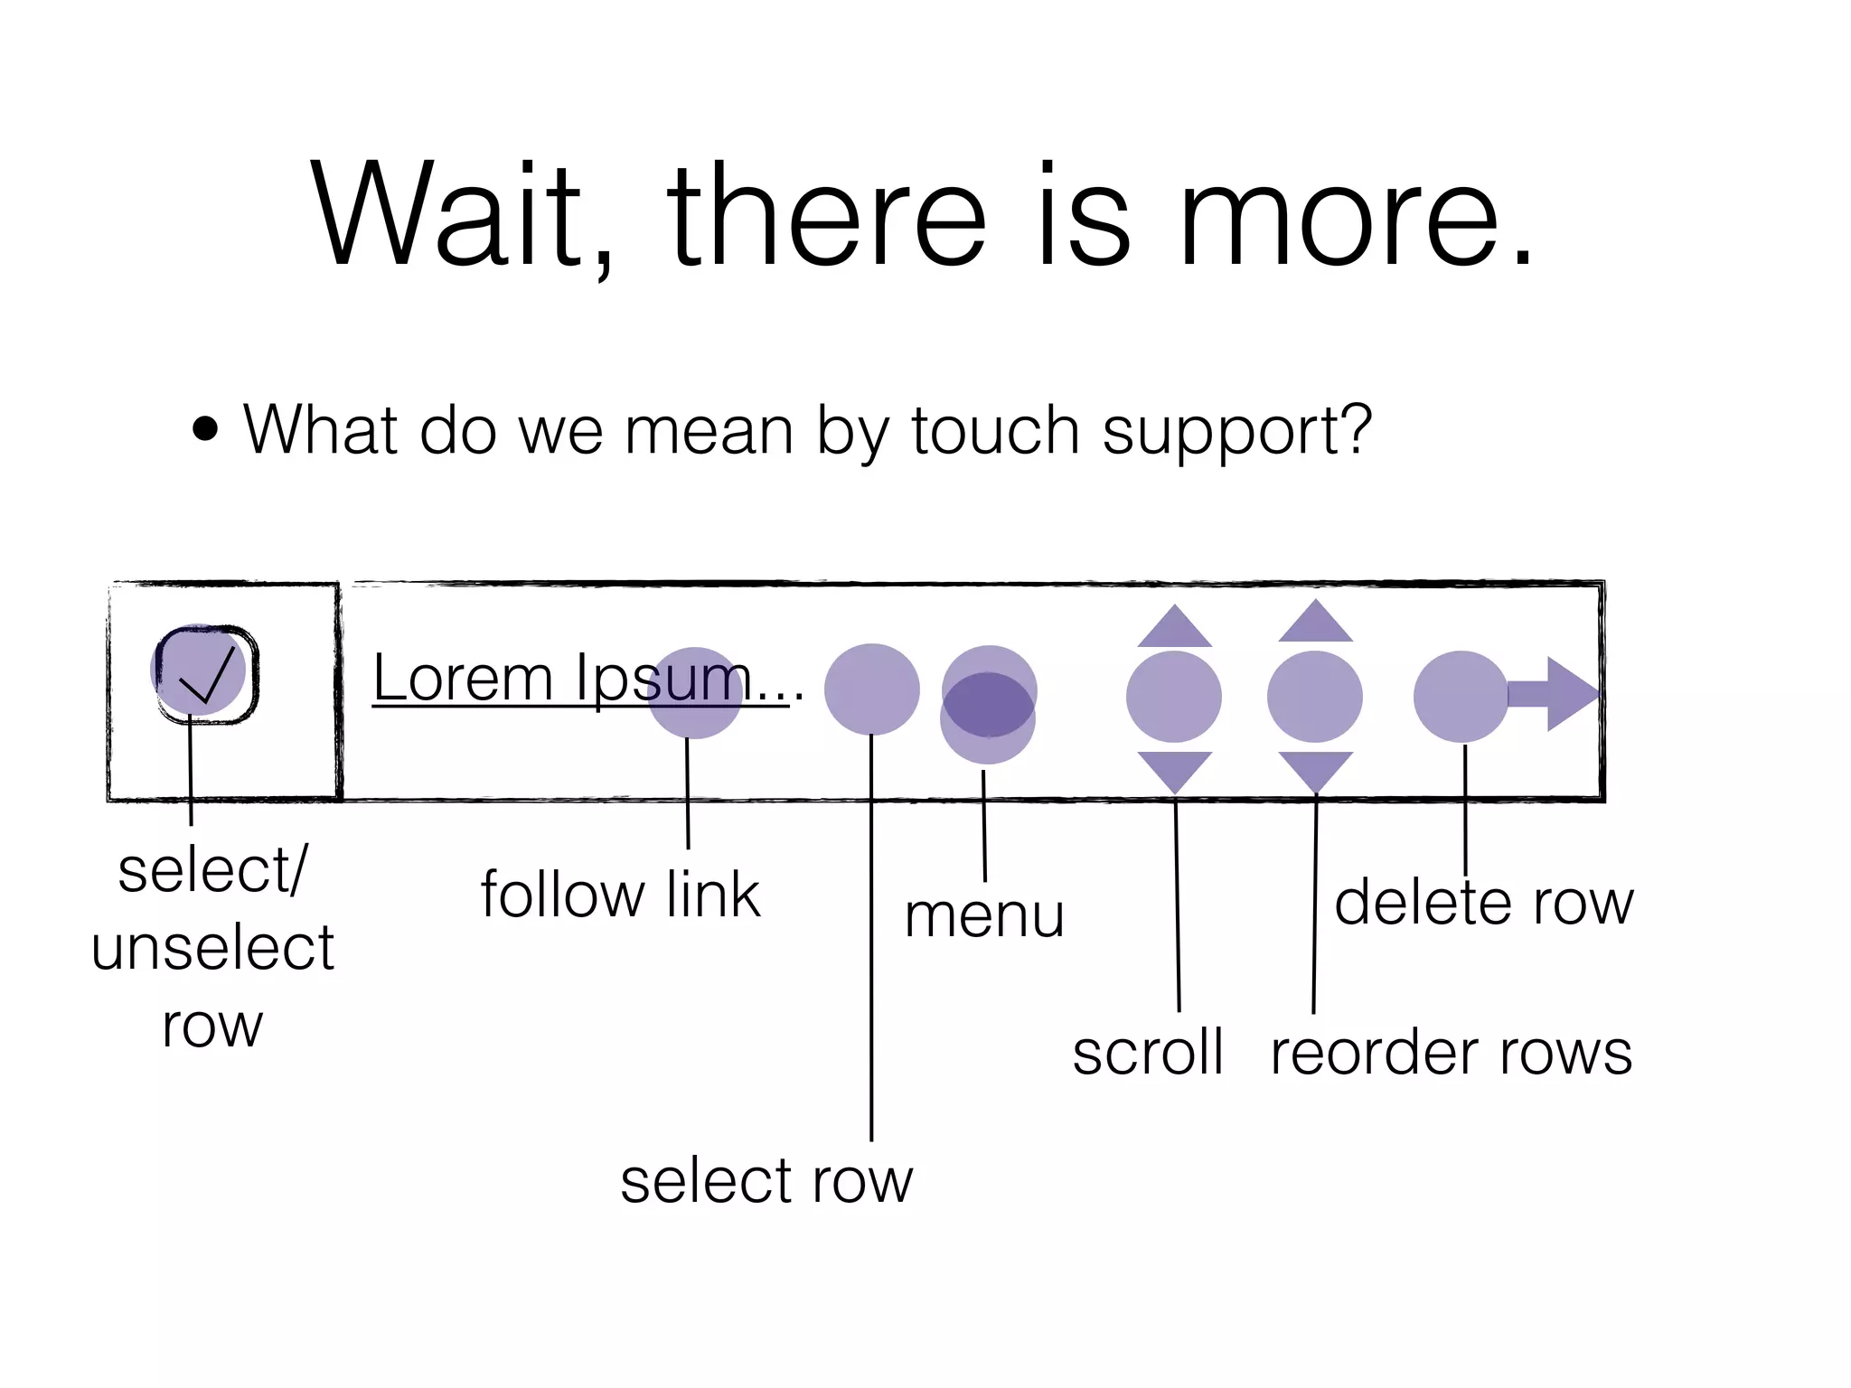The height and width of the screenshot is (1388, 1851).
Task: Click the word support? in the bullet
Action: click(x=1236, y=432)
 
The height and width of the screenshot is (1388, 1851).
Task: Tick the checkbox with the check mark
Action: click(x=206, y=674)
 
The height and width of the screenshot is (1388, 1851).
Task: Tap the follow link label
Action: click(x=620, y=895)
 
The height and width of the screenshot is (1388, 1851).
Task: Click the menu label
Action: click(x=984, y=915)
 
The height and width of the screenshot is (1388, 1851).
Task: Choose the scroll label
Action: click(x=1148, y=1053)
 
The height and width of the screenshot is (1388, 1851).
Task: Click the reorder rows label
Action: click(x=1451, y=1053)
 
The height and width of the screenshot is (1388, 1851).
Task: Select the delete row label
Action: click(x=1484, y=903)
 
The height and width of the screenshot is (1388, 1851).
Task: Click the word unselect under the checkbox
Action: click(x=212, y=948)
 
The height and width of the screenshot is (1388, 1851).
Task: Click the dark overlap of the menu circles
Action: click(x=988, y=705)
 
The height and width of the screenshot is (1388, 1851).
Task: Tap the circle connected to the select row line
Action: click(x=871, y=689)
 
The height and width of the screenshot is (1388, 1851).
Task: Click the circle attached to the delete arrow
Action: click(x=1460, y=697)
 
